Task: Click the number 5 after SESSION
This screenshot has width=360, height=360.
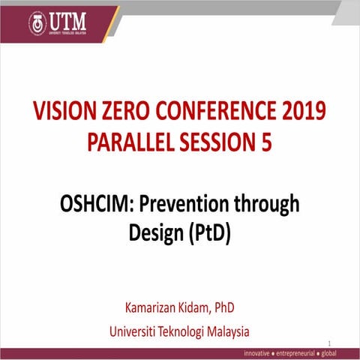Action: pos(266,142)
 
